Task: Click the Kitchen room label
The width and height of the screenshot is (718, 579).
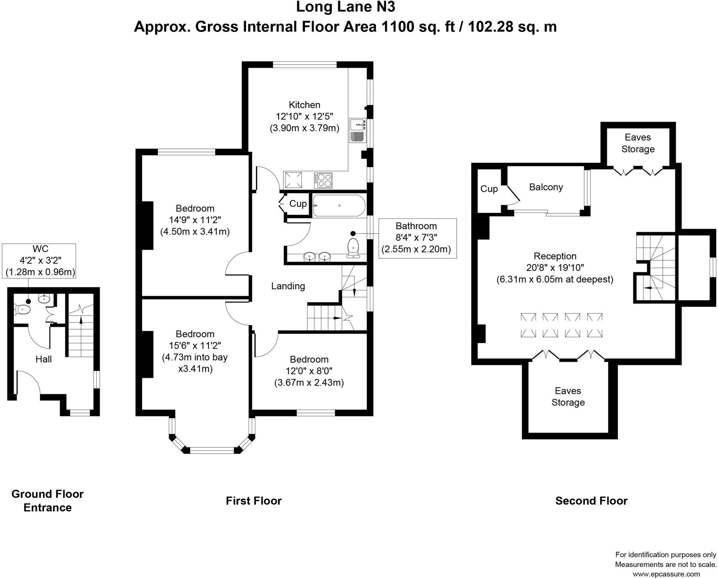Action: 304,105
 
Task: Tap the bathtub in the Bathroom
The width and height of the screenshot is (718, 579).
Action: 339,205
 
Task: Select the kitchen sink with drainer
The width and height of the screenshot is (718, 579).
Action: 358,130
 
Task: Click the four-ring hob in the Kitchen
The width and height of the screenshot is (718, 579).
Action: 323,180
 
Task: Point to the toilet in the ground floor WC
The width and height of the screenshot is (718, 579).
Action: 22,309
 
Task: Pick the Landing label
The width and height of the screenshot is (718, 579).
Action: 288,286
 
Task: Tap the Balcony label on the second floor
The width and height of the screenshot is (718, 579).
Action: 546,187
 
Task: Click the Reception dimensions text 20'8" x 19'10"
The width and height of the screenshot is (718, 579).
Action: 555,268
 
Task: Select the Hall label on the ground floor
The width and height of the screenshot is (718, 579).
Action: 43,359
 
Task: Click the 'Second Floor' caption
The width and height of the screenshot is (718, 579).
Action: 591,500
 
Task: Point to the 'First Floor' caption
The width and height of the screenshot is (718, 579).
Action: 253,500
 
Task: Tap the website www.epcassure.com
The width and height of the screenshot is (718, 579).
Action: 666,574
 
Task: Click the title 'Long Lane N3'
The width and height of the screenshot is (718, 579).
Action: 346,7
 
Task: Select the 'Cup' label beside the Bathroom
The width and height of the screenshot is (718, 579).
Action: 298,204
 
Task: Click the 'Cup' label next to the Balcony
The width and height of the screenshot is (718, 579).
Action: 489,189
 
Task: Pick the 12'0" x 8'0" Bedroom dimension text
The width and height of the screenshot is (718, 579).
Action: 309,371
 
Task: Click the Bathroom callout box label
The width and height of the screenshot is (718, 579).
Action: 416,226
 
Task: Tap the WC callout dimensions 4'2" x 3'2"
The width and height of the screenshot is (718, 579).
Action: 41,260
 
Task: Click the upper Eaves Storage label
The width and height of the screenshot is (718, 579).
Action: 638,143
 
